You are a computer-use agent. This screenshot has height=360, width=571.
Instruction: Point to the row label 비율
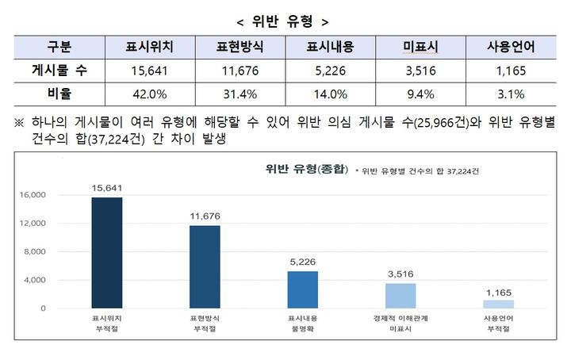[x=60, y=94]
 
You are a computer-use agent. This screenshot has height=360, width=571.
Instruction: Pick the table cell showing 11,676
[x=239, y=71]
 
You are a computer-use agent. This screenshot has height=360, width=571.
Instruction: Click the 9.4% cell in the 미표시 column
[x=420, y=94]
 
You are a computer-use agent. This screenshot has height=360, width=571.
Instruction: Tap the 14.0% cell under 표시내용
[x=329, y=94]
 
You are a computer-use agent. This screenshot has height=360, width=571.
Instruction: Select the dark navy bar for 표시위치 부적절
[x=107, y=253]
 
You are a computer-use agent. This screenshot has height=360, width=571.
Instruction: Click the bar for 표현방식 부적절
[x=205, y=266]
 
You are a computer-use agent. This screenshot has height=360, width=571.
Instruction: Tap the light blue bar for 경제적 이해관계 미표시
[x=400, y=296]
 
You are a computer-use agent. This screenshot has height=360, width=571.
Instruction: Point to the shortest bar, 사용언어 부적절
[x=498, y=304]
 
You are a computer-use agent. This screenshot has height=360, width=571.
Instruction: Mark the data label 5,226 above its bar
[x=302, y=262]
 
